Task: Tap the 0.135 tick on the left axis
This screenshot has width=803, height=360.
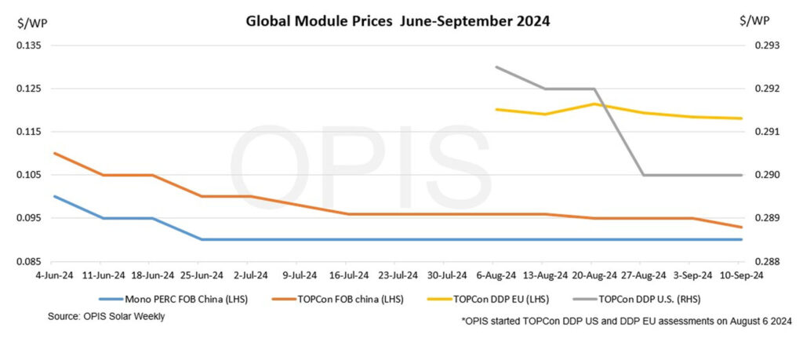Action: [30, 45]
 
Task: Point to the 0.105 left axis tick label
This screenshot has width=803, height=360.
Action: [30, 175]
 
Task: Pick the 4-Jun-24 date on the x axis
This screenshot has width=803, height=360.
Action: [54, 275]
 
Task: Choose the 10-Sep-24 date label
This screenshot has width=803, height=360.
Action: [742, 275]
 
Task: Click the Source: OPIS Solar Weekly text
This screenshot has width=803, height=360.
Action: [107, 317]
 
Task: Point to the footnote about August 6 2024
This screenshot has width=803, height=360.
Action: [627, 322]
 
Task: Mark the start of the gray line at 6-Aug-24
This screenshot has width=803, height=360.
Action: [496, 67]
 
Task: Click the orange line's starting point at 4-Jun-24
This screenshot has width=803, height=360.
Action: [54, 153]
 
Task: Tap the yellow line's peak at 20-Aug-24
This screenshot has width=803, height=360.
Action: [594, 104]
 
